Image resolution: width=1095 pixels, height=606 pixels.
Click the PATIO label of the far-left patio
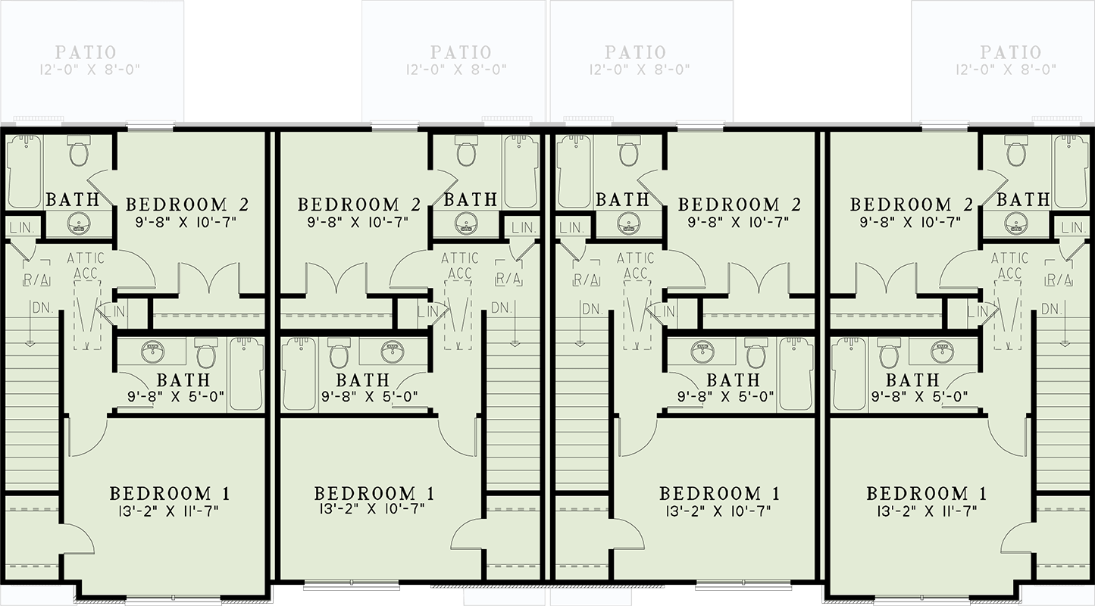pyautogui.click(x=86, y=52)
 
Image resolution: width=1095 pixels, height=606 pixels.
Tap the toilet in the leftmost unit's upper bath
pyautogui.click(x=79, y=151)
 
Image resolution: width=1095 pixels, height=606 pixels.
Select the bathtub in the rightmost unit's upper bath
pyautogui.click(x=1071, y=171)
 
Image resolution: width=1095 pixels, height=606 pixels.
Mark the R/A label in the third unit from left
pyautogui.click(x=587, y=280)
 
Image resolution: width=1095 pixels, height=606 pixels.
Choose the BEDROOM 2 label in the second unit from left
pyautogui.click(x=359, y=205)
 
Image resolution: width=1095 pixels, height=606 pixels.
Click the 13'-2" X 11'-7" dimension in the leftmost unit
pyautogui.click(x=171, y=511)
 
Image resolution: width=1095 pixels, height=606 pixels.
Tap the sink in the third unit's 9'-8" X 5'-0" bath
pyautogui.click(x=702, y=351)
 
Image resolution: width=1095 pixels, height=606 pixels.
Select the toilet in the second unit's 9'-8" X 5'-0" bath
pyautogui.click(x=338, y=354)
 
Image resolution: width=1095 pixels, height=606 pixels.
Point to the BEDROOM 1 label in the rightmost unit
pyautogui.click(x=927, y=494)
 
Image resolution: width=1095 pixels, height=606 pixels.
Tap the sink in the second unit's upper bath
pyautogui.click(x=465, y=223)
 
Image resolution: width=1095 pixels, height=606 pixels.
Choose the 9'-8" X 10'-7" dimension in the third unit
pyautogui.click(x=739, y=222)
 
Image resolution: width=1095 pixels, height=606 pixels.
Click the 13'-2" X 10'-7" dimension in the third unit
pyautogui.click(x=721, y=511)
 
